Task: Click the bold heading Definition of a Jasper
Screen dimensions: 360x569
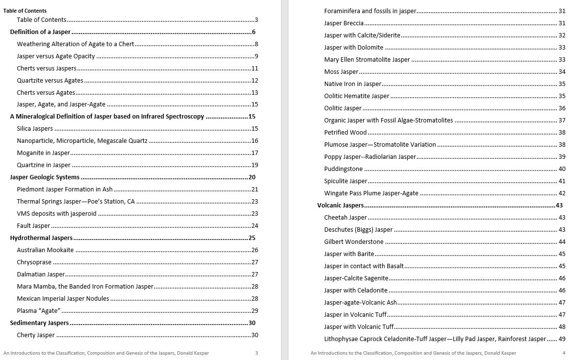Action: pyautogui.click(x=40, y=32)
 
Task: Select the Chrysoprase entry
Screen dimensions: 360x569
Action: pyautogui.click(x=34, y=262)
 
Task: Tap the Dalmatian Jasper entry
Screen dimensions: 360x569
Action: pyautogui.click(x=41, y=274)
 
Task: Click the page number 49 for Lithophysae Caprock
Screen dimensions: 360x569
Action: pyautogui.click(x=562, y=339)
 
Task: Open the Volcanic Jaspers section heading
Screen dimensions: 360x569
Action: pyautogui.click(x=340, y=206)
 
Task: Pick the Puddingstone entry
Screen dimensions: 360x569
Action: pyautogui.click(x=343, y=169)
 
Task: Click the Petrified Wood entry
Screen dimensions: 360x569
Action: pyautogui.click(x=345, y=133)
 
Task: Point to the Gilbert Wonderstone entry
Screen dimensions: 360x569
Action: pyautogui.click(x=353, y=242)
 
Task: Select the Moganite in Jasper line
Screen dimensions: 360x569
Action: pyautogui.click(x=43, y=153)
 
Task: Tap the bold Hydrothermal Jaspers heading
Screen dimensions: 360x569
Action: pyautogui.click(x=41, y=238)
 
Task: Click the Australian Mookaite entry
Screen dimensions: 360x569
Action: pyautogui.click(x=45, y=250)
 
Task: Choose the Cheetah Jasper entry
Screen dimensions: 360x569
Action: pyautogui.click(x=345, y=218)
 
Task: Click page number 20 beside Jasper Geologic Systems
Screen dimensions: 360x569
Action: pyautogui.click(x=252, y=177)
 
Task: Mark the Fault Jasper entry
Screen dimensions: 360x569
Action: pyautogui.click(x=33, y=226)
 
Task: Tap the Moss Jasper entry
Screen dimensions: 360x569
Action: pyautogui.click(x=341, y=72)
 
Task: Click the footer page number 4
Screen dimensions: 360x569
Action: pyautogui.click(x=564, y=353)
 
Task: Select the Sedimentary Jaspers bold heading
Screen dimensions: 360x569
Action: pyautogui.click(x=39, y=323)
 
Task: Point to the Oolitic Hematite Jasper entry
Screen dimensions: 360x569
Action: pyautogui.click(x=356, y=96)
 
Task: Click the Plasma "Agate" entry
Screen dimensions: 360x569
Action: pyautogui.click(x=38, y=311)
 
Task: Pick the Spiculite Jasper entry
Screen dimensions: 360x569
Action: pyautogui.click(x=346, y=181)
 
